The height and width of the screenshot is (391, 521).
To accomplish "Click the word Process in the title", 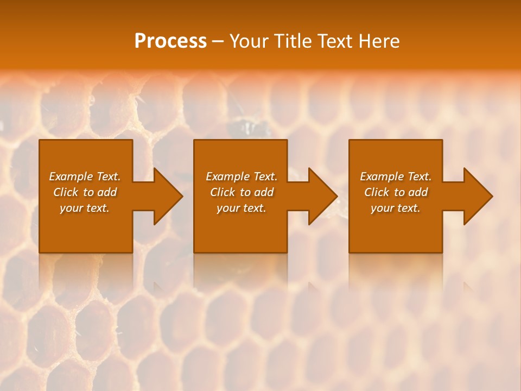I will click(170, 41).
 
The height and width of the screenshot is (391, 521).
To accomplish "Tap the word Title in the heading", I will click(293, 41).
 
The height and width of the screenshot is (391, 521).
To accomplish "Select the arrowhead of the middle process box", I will click(322, 196).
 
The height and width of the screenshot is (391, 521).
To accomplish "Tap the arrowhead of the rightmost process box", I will click(477, 196).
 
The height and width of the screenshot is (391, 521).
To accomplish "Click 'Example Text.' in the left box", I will click(85, 176).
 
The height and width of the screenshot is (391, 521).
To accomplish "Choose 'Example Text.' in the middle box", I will click(242, 176).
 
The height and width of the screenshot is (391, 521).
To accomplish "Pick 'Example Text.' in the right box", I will click(396, 176).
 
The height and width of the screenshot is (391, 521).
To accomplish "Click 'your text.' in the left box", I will click(85, 208).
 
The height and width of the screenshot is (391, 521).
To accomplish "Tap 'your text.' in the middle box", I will click(242, 208).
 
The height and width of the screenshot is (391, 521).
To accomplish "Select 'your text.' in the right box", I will click(396, 208).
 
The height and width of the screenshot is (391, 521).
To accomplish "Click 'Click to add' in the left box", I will click(85, 192).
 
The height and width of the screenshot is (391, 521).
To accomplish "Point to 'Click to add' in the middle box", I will click(242, 192).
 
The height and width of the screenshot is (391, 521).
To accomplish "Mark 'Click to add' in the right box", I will click(396, 192).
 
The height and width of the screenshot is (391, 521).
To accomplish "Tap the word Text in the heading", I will click(334, 41).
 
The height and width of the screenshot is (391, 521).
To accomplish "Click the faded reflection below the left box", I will click(86, 272).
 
